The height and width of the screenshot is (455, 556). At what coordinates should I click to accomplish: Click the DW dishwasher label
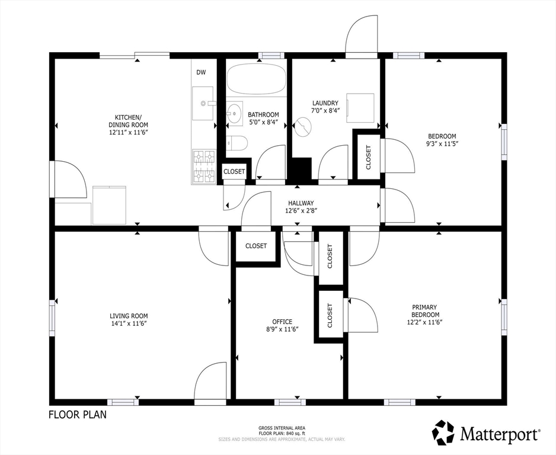(x=201, y=72)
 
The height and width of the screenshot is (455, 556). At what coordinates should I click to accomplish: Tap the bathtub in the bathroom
(x=256, y=78)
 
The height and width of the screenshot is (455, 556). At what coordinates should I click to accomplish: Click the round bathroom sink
(x=234, y=113)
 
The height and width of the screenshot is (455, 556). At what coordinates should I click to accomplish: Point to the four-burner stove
(x=204, y=166)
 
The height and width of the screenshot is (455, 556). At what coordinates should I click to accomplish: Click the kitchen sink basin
(x=203, y=104)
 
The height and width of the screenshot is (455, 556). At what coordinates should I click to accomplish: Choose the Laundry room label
(x=325, y=103)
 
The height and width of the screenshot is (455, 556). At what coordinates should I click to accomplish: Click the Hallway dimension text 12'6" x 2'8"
(x=301, y=211)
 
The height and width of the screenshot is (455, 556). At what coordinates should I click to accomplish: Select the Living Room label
(x=129, y=316)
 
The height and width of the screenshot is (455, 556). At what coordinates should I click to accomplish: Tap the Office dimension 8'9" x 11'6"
(x=282, y=329)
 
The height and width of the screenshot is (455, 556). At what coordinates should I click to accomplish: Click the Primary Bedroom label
(x=424, y=311)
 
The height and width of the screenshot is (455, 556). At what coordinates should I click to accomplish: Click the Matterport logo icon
(x=443, y=432)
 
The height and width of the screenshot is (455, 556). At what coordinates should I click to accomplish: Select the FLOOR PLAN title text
(x=77, y=414)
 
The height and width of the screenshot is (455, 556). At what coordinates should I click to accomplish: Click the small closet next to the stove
(x=234, y=171)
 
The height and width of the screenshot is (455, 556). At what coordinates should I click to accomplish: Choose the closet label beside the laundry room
(x=368, y=158)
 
